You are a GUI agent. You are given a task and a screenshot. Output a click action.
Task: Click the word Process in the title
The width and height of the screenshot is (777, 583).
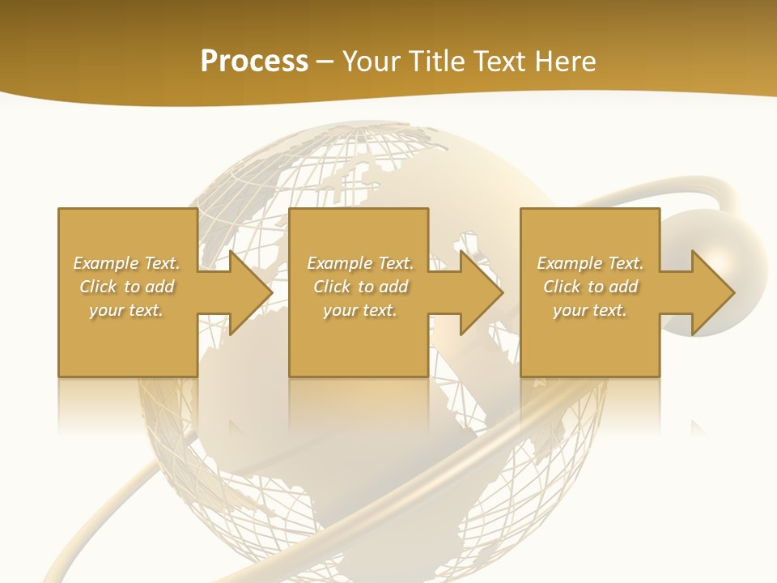point(254,62)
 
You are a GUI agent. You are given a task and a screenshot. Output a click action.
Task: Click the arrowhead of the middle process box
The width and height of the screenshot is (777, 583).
point(481,292)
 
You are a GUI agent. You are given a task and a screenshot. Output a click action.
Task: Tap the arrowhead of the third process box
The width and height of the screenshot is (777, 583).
point(712,292)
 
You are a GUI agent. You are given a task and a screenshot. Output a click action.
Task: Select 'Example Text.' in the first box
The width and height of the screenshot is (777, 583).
point(127,263)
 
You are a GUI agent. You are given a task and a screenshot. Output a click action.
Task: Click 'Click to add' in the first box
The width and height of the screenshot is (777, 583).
point(127,287)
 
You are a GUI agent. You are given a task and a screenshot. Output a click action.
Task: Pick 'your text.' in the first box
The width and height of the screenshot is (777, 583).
point(127,310)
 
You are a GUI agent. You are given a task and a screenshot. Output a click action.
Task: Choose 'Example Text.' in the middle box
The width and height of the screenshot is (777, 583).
point(360,263)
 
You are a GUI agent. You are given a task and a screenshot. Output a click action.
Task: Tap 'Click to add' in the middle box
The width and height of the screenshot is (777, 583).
point(360,287)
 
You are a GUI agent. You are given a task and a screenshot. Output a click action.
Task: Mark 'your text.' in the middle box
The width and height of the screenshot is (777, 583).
point(360,310)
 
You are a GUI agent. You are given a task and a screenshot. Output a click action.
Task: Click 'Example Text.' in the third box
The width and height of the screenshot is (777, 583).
point(590,263)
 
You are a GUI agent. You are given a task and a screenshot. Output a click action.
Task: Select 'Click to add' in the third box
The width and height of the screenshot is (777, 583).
point(590,287)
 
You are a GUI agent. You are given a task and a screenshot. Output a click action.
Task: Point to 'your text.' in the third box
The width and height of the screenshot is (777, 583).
point(590,310)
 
